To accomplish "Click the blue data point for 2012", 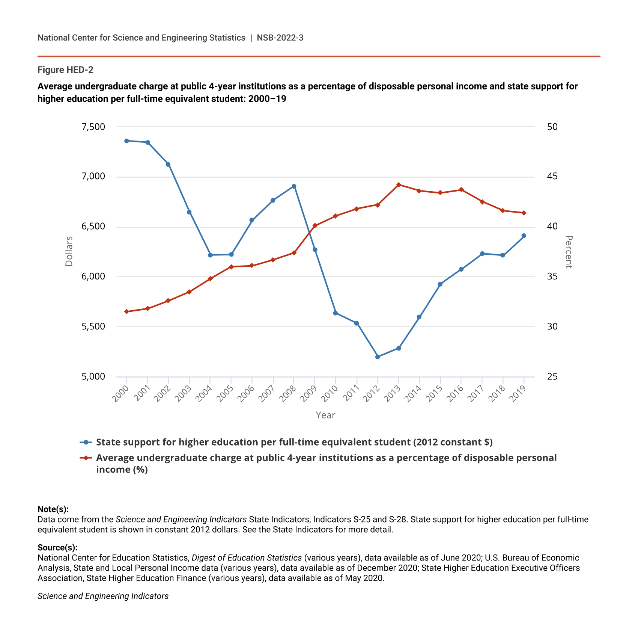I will (378, 357).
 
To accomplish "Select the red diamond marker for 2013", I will (399, 185).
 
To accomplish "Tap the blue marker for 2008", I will (294, 186).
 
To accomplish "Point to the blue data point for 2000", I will (126, 141).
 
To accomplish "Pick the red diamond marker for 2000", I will (126, 311).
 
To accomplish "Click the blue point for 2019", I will (524, 236).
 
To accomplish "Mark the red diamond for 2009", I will (315, 225).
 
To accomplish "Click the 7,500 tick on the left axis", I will (93, 127).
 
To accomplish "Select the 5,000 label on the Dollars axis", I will (93, 377).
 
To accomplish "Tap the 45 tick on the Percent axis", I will (552, 177).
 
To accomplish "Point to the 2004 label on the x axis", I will (205, 394).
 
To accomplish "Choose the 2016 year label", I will (456, 394).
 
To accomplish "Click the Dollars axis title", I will (69, 251).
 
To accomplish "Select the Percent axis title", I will (569, 252).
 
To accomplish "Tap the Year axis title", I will (325, 415).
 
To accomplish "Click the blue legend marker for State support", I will (86, 442).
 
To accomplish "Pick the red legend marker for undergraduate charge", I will (86, 458).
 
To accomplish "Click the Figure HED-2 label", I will (65, 70).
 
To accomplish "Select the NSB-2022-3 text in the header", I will (280, 38).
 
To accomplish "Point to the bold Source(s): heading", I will (57, 548).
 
